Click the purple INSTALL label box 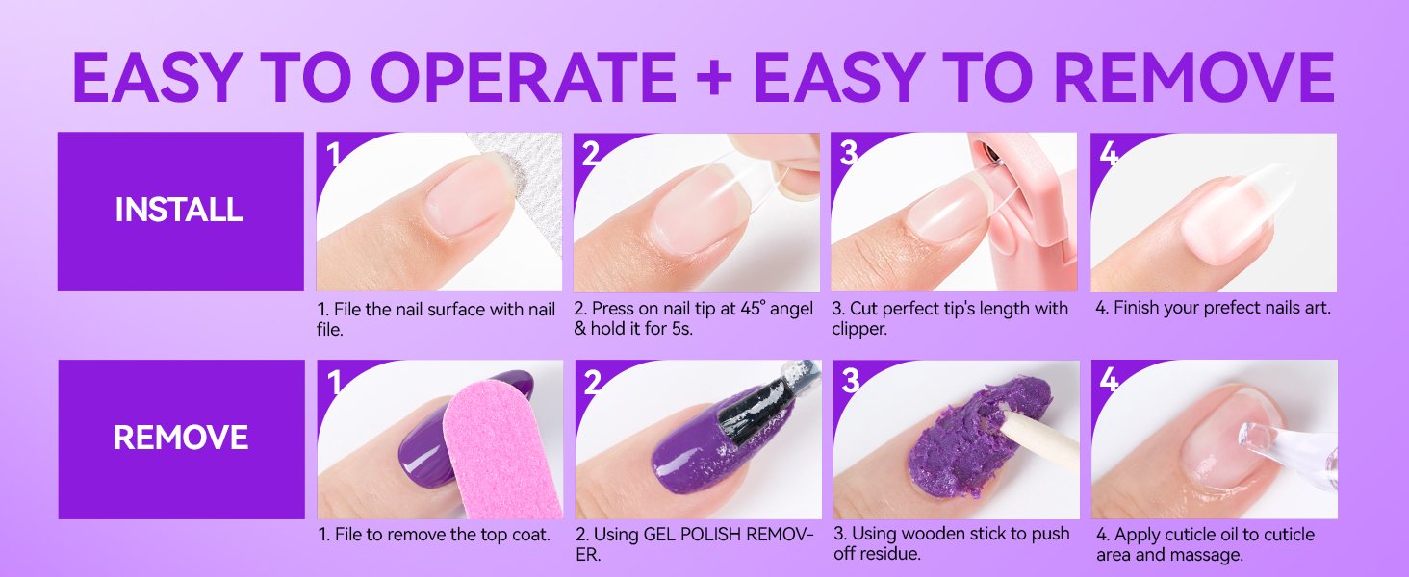(180, 211)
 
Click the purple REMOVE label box (180, 439)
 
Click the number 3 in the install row (848, 154)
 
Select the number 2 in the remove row (591, 383)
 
